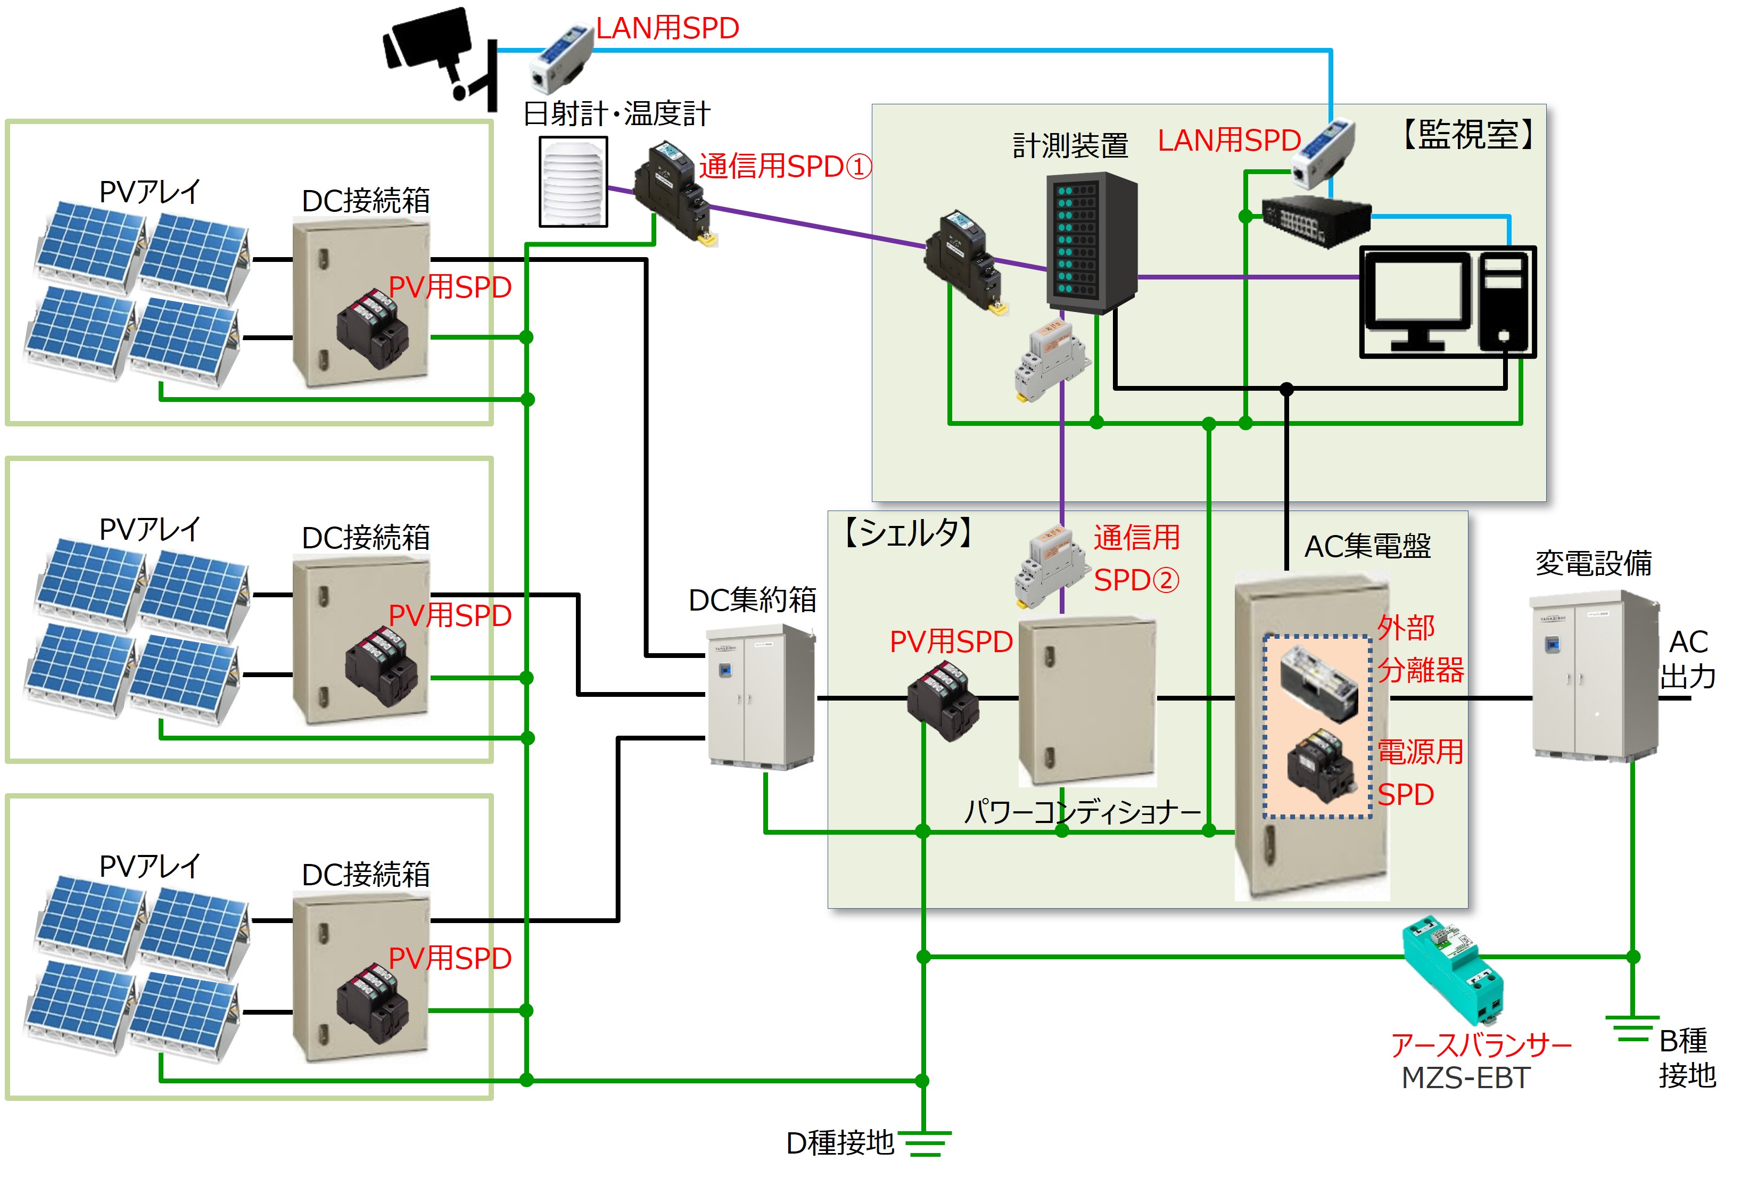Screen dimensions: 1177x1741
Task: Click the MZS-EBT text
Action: tap(1465, 1077)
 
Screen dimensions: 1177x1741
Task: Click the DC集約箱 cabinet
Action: tap(761, 697)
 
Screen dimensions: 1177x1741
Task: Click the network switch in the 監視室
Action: tap(1316, 219)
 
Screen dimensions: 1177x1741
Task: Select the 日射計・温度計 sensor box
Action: tap(573, 182)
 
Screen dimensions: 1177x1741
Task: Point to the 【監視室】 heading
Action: tap(1468, 135)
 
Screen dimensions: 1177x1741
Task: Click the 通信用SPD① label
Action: tap(785, 166)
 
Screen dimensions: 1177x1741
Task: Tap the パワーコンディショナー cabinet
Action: tap(1086, 701)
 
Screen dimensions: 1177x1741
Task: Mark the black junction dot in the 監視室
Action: tap(1286, 389)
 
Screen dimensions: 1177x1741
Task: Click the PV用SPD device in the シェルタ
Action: tap(943, 701)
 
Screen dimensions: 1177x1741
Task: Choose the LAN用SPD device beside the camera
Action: tap(562, 57)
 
